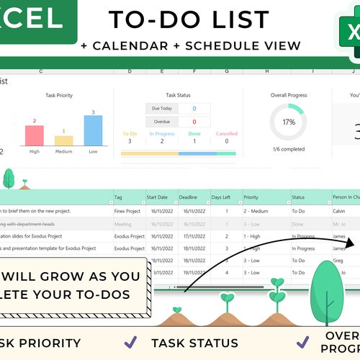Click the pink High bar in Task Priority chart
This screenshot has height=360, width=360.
(35, 135)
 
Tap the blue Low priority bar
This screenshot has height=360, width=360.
(92, 130)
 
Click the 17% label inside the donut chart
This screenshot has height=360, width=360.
(288, 122)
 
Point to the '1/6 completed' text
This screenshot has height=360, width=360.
(288, 149)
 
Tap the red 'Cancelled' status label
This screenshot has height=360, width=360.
(226, 133)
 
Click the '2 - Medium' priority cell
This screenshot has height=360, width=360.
(257, 211)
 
